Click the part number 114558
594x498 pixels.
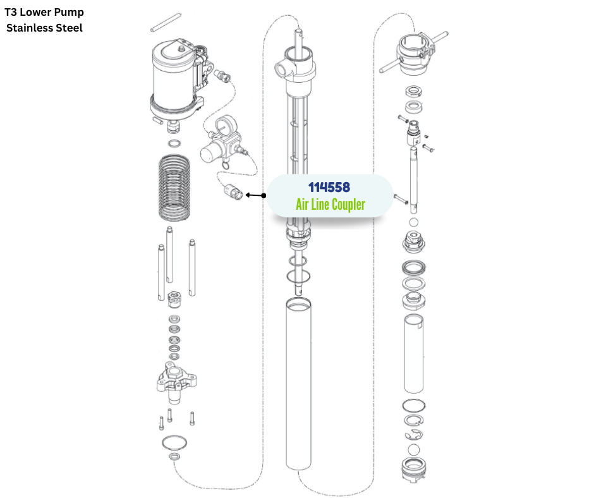coord(329,187)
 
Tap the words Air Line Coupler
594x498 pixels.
coord(330,204)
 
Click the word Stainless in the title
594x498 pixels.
coord(30,28)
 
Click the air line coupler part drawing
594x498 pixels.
coord(233,191)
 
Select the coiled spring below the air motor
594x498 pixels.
coord(174,187)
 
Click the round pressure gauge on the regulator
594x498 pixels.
coord(226,125)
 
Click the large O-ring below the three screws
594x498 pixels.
coord(174,442)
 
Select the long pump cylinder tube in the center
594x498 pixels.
coord(298,384)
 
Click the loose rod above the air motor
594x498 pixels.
coord(166,23)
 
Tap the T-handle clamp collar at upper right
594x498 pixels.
coord(414,54)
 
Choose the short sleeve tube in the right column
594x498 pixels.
coord(414,354)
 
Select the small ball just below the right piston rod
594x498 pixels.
coord(414,222)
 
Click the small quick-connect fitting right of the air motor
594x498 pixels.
coord(222,76)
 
